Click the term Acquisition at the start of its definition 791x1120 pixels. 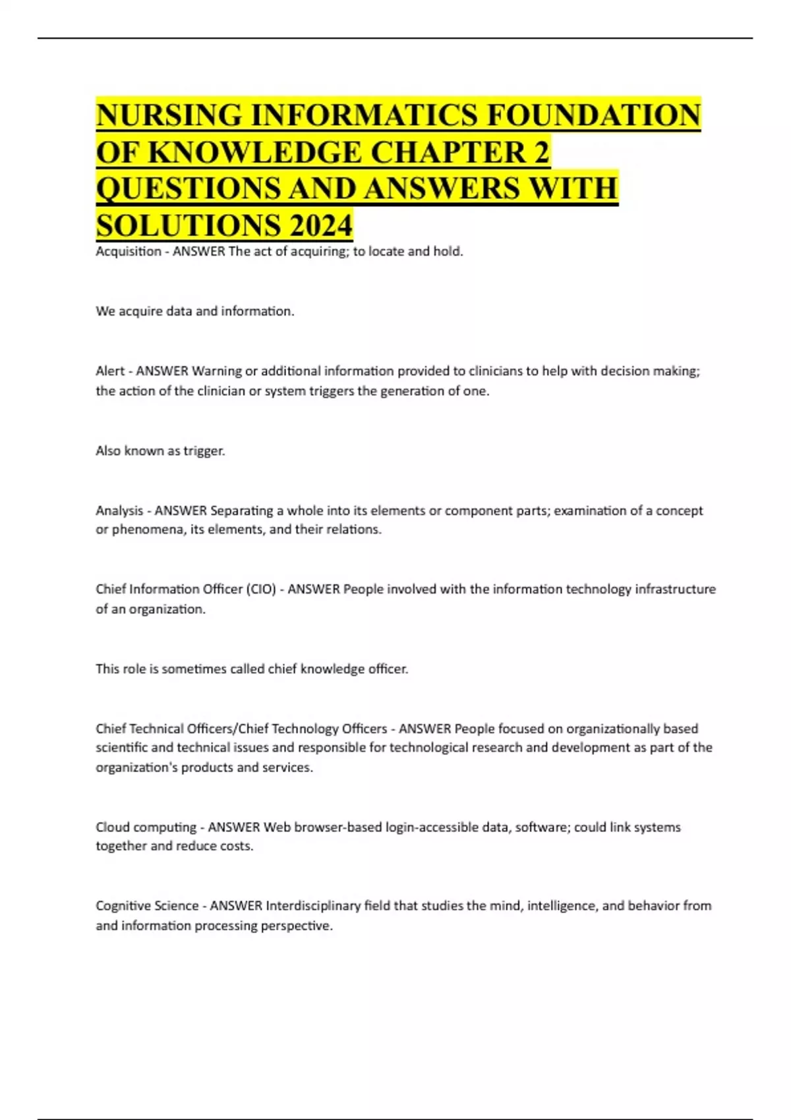(129, 251)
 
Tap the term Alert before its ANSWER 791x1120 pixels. (110, 371)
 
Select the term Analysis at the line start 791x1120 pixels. (119, 511)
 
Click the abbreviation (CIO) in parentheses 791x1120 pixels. (260, 589)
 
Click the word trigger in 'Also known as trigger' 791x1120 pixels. (205, 451)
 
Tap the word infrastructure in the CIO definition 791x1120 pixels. (675, 589)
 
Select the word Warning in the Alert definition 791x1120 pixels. (217, 371)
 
